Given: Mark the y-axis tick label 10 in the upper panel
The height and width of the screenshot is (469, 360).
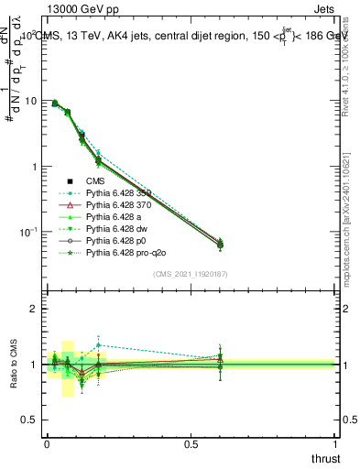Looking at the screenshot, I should coord(32,101).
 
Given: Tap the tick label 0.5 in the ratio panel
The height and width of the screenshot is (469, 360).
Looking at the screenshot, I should coord(31,420).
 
